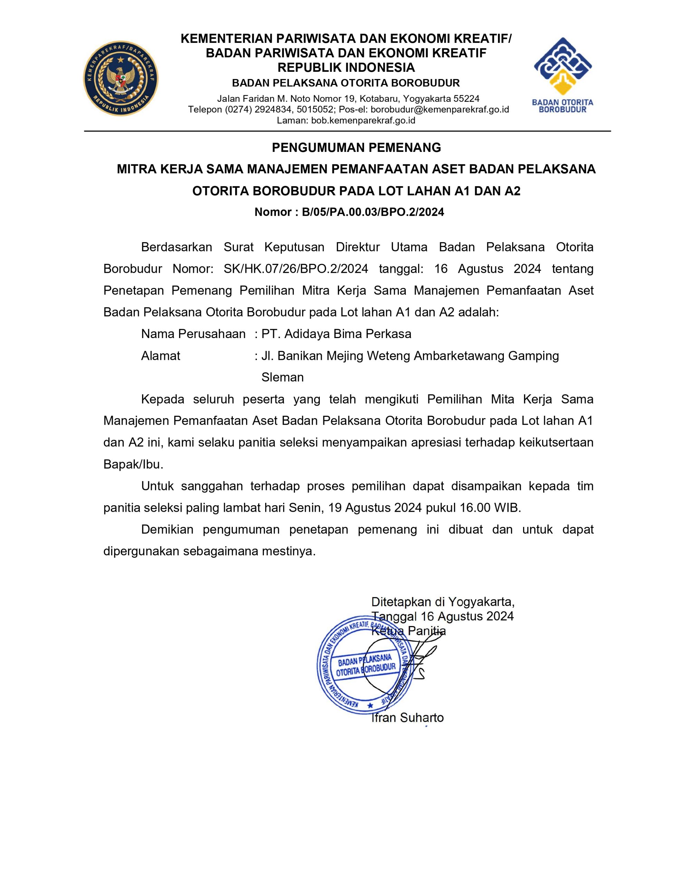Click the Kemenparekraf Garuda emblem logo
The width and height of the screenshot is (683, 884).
tap(121, 78)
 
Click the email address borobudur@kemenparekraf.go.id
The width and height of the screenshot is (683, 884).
tap(440, 109)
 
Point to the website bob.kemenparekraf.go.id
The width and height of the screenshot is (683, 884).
tap(363, 120)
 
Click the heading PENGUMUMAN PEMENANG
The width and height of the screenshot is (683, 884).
tap(356, 148)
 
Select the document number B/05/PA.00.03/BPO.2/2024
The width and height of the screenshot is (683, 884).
tap(373, 212)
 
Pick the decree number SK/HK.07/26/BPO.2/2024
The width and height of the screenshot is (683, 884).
tap(296, 269)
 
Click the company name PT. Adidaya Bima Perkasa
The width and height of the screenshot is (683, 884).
tap(336, 334)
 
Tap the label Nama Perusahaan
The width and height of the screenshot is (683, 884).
tap(193, 334)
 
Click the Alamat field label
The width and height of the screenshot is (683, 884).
tap(160, 356)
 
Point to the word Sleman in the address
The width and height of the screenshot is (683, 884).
tap(282, 377)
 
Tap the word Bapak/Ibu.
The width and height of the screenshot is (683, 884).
tap(133, 464)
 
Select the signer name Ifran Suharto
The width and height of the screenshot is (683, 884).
tap(407, 718)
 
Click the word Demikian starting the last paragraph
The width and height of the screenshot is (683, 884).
tap(167, 529)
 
